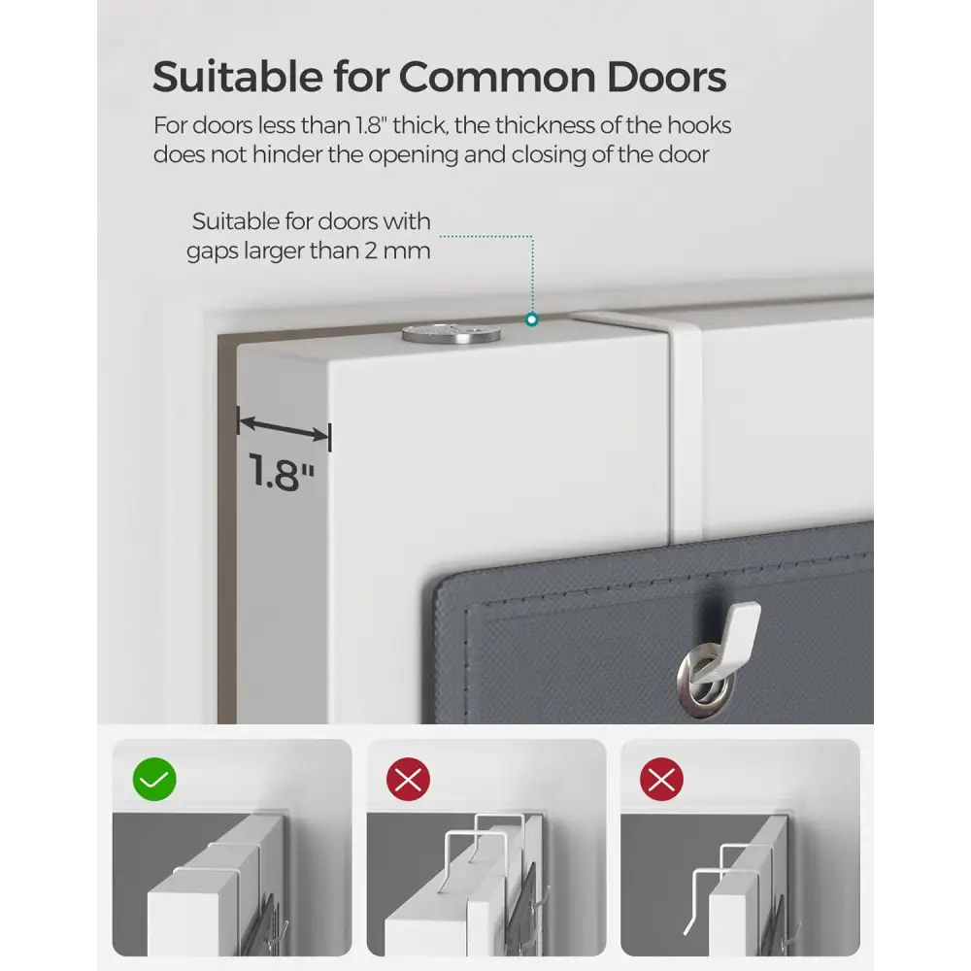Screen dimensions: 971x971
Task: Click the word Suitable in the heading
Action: coord(238,77)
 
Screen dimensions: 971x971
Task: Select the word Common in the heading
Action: coord(496,77)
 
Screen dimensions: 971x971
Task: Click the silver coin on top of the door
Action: coord(451,334)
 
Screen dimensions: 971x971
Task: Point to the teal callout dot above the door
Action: coord(531,319)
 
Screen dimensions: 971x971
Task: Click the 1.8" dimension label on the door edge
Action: coord(282,472)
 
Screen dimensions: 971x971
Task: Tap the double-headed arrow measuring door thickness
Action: coord(285,428)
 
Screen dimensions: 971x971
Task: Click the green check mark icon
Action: coord(154,779)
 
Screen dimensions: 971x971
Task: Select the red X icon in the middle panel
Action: coord(408,779)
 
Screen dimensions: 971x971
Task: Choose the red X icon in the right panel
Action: coord(661,779)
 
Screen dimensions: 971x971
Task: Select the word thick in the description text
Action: coord(419,125)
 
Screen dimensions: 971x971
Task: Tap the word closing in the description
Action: coord(549,154)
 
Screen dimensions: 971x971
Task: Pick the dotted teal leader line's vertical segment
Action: coord(532,275)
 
